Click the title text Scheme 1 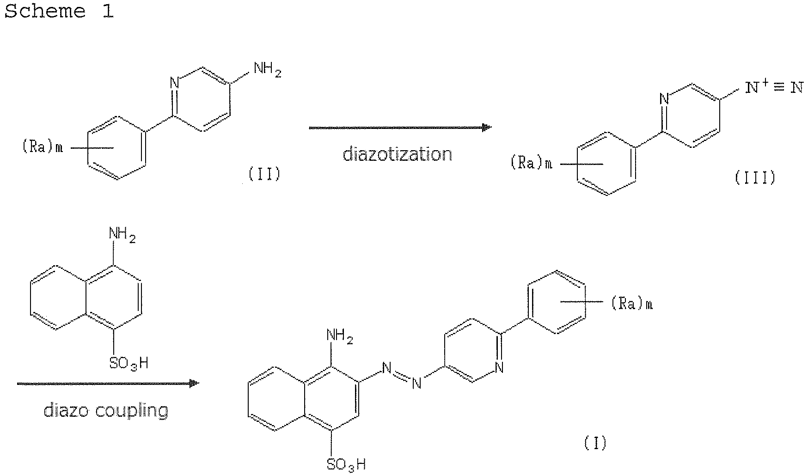(59, 11)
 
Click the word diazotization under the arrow (397, 154)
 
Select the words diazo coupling (106, 410)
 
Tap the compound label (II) (264, 174)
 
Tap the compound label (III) (755, 177)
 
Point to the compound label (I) (594, 443)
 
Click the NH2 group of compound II (267, 70)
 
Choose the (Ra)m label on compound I (632, 304)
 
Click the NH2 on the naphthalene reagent (122, 234)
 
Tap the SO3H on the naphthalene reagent (129, 363)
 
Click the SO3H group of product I (346, 463)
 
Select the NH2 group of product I (339, 335)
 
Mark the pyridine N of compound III (664, 98)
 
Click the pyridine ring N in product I (499, 367)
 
